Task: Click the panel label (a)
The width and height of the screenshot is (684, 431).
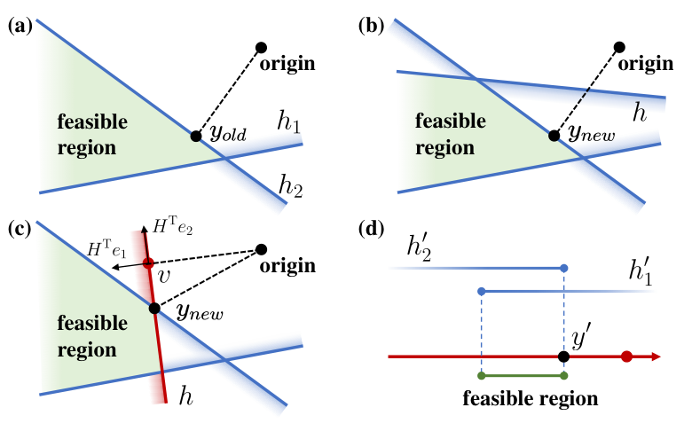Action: click(x=20, y=27)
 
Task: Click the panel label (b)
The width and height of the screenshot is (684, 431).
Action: click(x=371, y=27)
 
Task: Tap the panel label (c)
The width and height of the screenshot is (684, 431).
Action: click(x=20, y=230)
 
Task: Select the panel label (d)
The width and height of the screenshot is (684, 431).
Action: click(x=371, y=230)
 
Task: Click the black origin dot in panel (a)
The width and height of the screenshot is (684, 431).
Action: click(x=261, y=47)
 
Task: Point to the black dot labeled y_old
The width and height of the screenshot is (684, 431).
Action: click(x=196, y=136)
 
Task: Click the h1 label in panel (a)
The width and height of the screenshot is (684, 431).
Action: click(x=289, y=121)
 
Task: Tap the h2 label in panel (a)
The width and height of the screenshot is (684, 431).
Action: click(x=290, y=186)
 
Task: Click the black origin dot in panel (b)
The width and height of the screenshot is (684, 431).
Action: click(x=619, y=47)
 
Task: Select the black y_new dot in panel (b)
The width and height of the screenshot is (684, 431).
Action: click(x=554, y=136)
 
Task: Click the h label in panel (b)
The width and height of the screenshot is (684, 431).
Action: click(x=640, y=113)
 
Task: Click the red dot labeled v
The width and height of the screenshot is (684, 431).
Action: click(x=148, y=263)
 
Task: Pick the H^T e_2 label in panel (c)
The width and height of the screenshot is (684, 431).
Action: click(x=173, y=226)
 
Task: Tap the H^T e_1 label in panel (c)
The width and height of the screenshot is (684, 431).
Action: click(x=106, y=249)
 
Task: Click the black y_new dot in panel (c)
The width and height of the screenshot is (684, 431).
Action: click(x=154, y=309)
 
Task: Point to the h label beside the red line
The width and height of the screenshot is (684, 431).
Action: click(x=185, y=396)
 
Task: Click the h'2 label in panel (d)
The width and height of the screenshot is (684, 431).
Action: click(x=420, y=249)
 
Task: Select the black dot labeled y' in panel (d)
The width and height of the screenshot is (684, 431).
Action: click(x=563, y=357)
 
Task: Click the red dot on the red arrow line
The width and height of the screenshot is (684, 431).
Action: click(x=626, y=357)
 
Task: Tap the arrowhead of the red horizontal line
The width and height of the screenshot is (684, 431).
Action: click(x=656, y=357)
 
